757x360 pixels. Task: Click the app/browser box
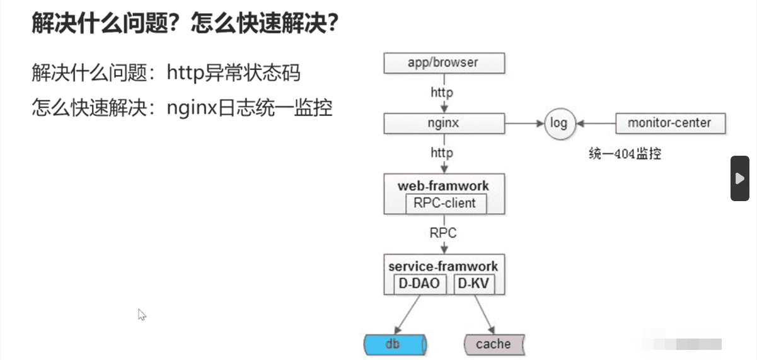point(444,63)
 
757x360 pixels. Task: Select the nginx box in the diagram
point(444,124)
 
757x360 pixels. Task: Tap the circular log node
point(560,124)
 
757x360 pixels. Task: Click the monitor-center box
point(671,124)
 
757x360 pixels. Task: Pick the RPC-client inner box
point(446,204)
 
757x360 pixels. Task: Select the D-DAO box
point(420,284)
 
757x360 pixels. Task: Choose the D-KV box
point(474,284)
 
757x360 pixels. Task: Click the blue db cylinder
point(395,344)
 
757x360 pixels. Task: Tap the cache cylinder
point(494,344)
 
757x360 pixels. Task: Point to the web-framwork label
point(443,186)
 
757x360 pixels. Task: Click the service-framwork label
point(443,266)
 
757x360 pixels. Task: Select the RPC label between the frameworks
point(442,233)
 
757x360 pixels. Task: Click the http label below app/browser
point(442,93)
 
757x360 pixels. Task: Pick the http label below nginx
point(442,153)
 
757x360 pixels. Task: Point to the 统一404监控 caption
point(625,154)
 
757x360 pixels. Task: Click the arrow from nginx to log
point(524,124)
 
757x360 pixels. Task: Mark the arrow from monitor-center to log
point(596,124)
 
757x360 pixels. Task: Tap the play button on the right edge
point(740,178)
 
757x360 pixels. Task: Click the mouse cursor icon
point(142,315)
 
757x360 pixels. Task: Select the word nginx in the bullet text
point(192,108)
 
